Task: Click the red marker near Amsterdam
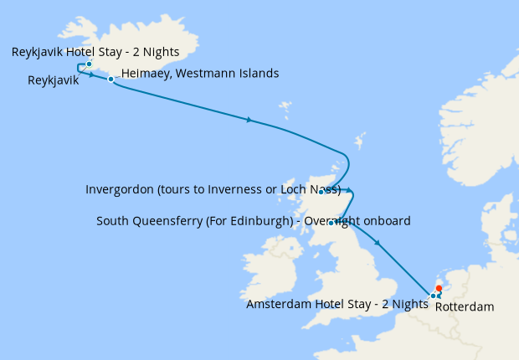point(439,289)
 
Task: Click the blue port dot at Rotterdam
point(433,296)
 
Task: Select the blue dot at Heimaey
point(110,79)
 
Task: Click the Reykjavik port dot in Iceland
point(89,64)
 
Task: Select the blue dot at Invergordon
point(321,192)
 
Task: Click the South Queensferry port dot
point(331,223)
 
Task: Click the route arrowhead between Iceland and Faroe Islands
point(249,121)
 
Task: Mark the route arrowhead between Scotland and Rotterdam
point(378,244)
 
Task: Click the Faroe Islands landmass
point(285,110)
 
